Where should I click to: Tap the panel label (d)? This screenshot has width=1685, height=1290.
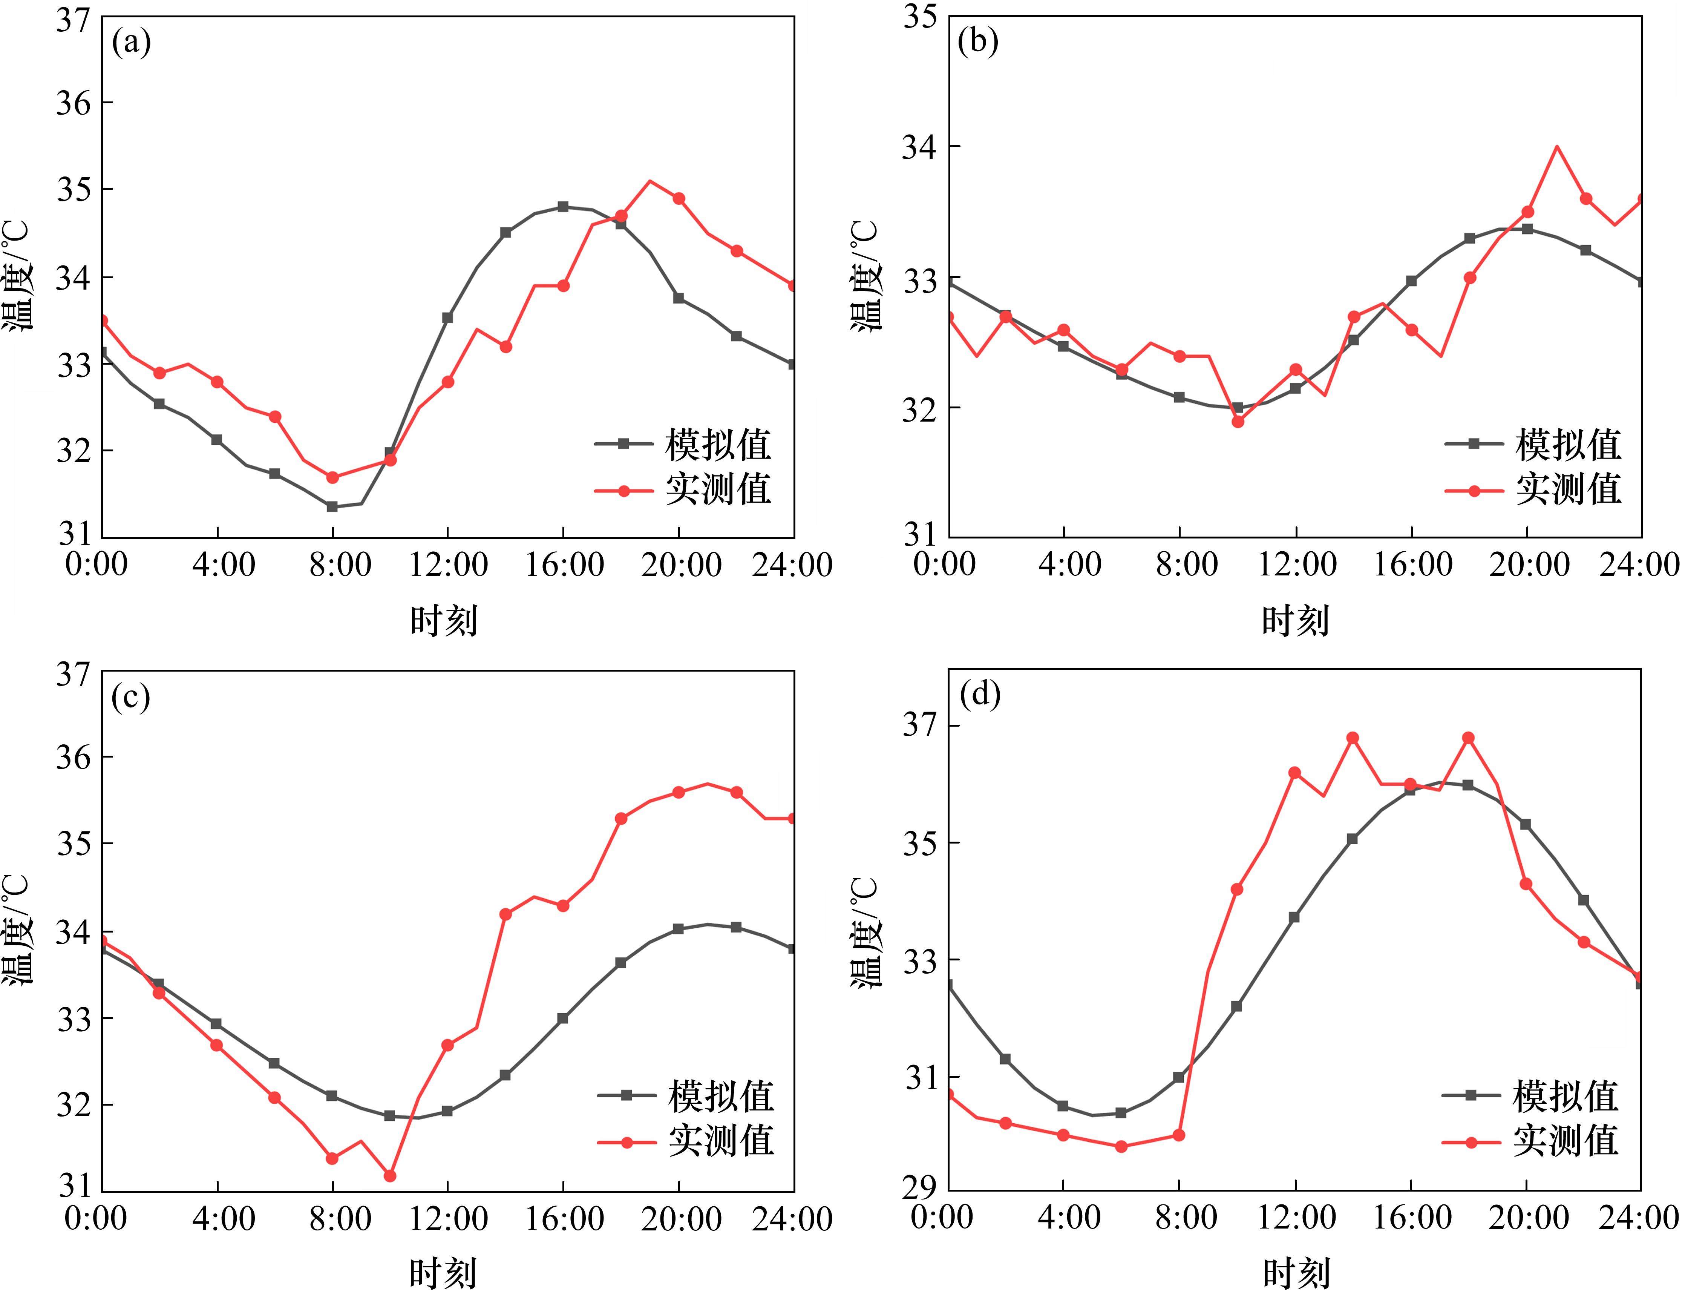point(980,695)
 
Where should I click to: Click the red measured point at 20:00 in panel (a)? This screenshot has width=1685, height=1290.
point(679,198)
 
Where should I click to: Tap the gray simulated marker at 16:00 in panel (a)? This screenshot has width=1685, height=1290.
point(564,207)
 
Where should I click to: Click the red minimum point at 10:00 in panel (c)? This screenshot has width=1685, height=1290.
point(390,1176)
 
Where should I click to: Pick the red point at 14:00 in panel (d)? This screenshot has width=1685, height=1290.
point(1353,738)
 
